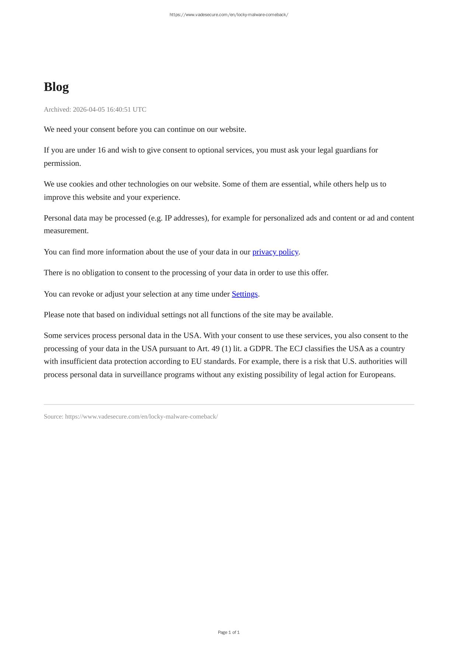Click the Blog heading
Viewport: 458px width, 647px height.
coord(56,87)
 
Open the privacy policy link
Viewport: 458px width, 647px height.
coord(275,252)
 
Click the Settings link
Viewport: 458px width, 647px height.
coord(244,294)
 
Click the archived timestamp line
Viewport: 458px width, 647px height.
coord(95,109)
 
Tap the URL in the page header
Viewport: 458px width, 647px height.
coord(229,15)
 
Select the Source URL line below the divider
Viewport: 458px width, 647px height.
coord(131,417)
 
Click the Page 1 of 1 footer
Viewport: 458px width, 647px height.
coord(229,632)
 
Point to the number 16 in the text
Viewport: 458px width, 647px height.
coord(101,150)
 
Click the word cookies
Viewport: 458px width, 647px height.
coord(81,184)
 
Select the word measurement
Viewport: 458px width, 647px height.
coord(66,231)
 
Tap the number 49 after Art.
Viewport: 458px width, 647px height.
coord(214,349)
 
